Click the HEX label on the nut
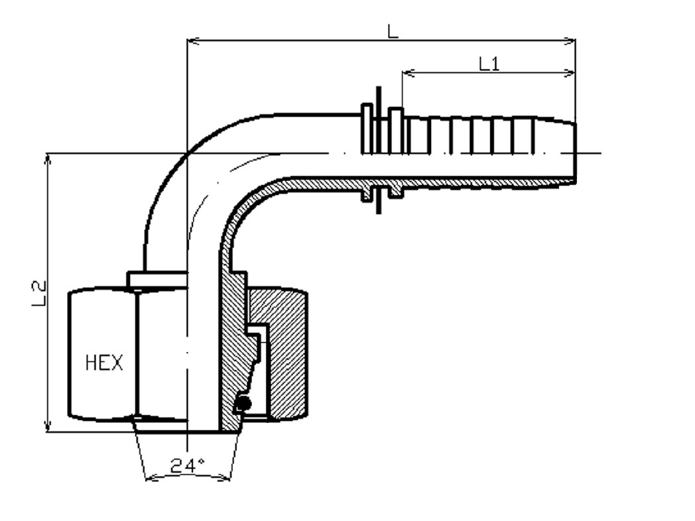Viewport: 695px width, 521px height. pyautogui.click(x=103, y=363)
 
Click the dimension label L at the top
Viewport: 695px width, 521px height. pyautogui.click(x=393, y=31)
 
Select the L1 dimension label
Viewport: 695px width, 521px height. pyautogui.click(x=489, y=64)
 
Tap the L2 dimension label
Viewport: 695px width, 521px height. pyautogui.click(x=39, y=293)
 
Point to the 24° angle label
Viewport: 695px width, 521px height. pyautogui.click(x=188, y=465)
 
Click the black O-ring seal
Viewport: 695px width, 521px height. pyautogui.click(x=243, y=403)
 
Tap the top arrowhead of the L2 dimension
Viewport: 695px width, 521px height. pyautogui.click(x=48, y=161)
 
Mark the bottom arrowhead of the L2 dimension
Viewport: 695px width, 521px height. pyautogui.click(x=48, y=424)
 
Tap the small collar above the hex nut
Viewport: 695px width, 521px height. pyautogui.click(x=157, y=280)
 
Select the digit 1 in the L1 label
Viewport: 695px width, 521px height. pyautogui.click(x=495, y=64)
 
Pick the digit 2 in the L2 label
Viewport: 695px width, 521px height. pyautogui.click(x=39, y=287)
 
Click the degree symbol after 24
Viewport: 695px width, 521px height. pyautogui.click(x=201, y=461)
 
